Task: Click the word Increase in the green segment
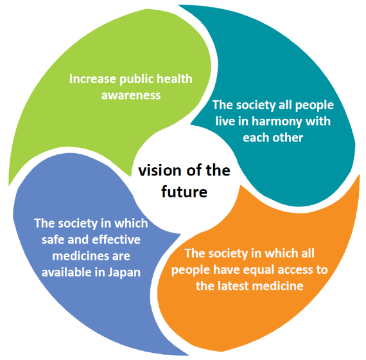92,79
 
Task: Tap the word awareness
131,95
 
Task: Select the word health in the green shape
175,78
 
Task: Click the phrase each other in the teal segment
273,138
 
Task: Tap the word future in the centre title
184,192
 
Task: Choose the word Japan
124,273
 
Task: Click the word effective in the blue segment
116,240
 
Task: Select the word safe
53,240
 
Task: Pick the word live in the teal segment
225,122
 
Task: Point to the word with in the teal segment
318,122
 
